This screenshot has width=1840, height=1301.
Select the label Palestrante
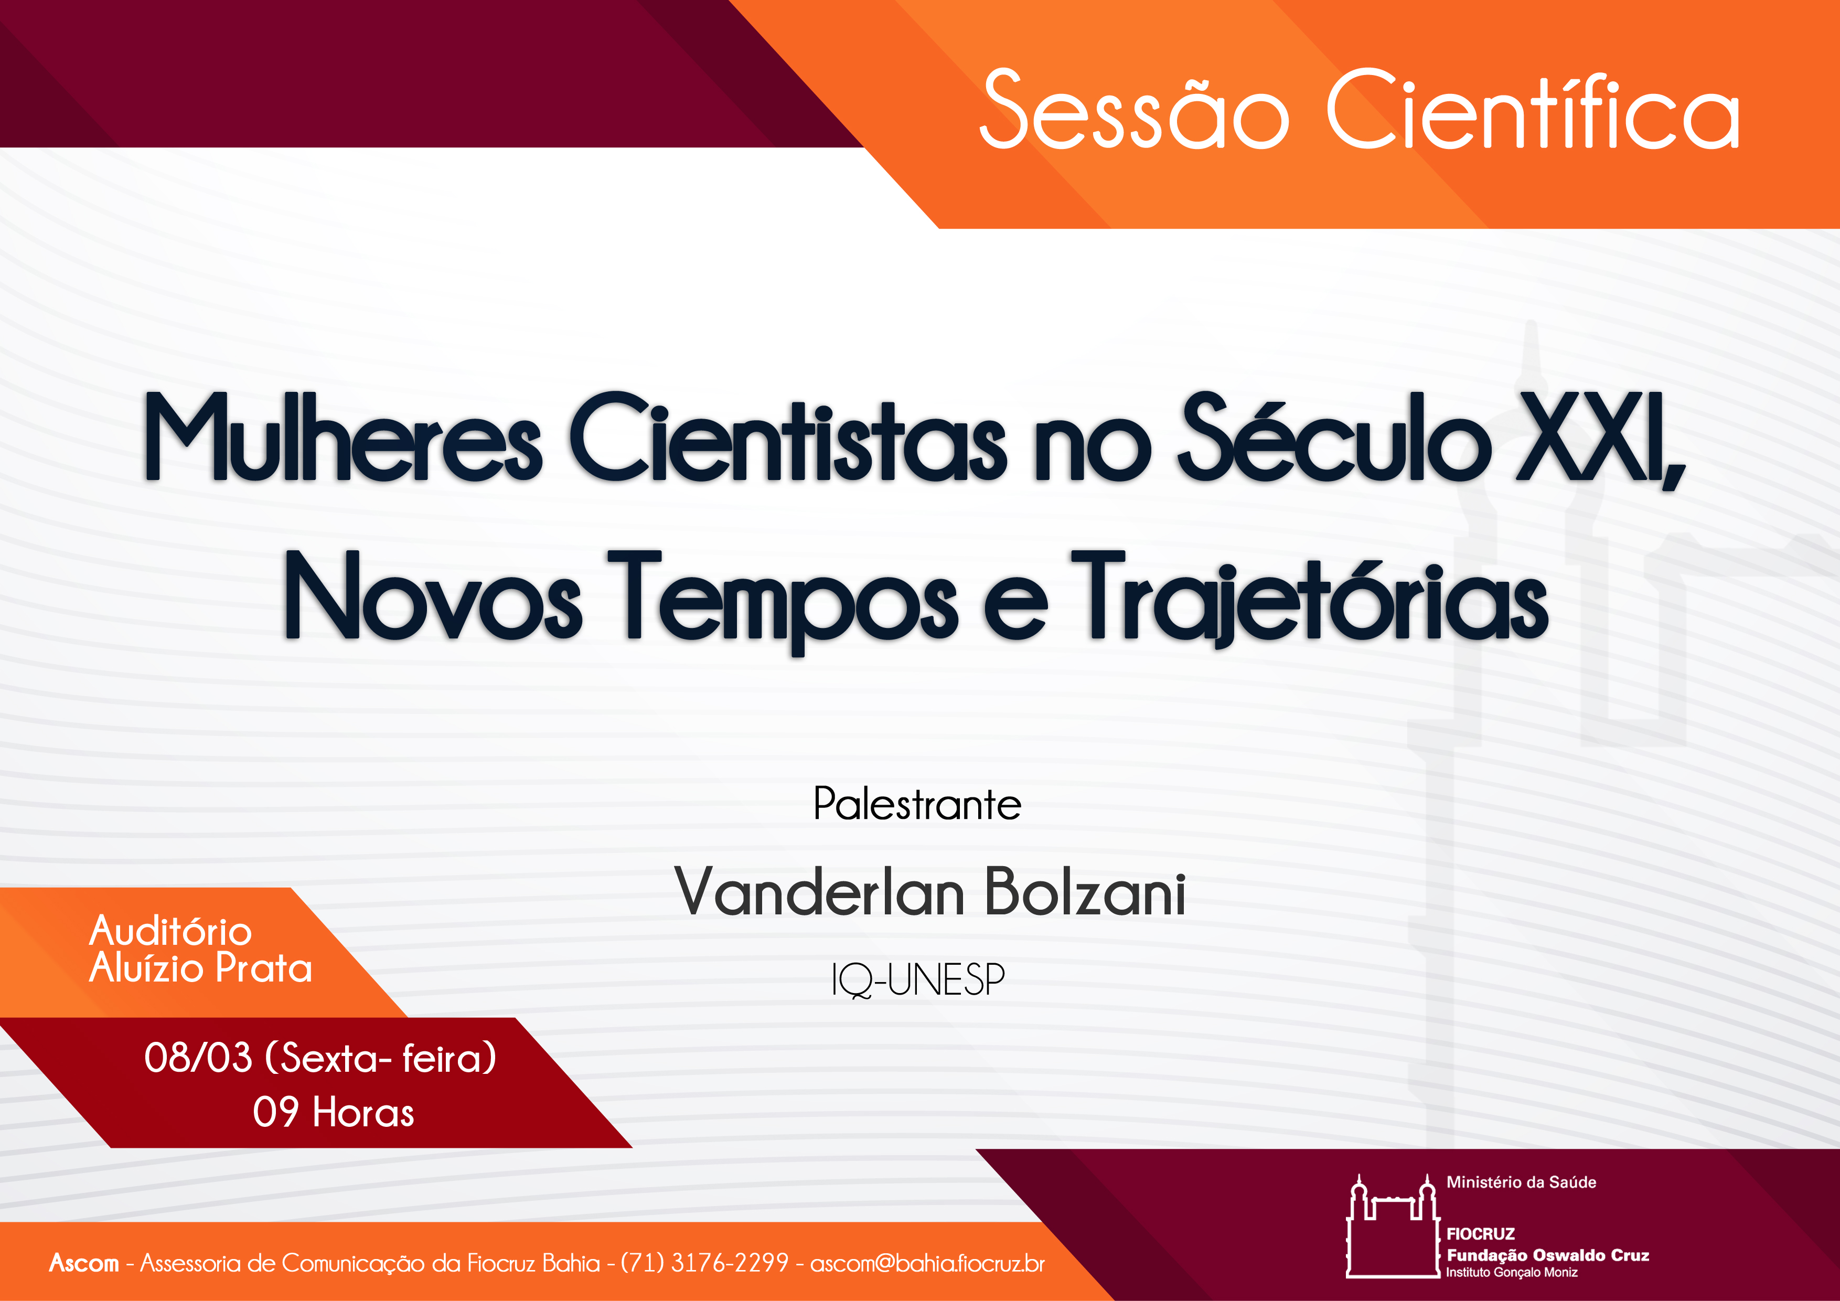tap(917, 804)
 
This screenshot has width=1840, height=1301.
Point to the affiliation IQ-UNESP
tap(917, 979)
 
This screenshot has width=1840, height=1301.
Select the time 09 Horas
tap(334, 1113)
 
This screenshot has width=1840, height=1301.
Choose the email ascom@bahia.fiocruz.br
tap(927, 1263)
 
